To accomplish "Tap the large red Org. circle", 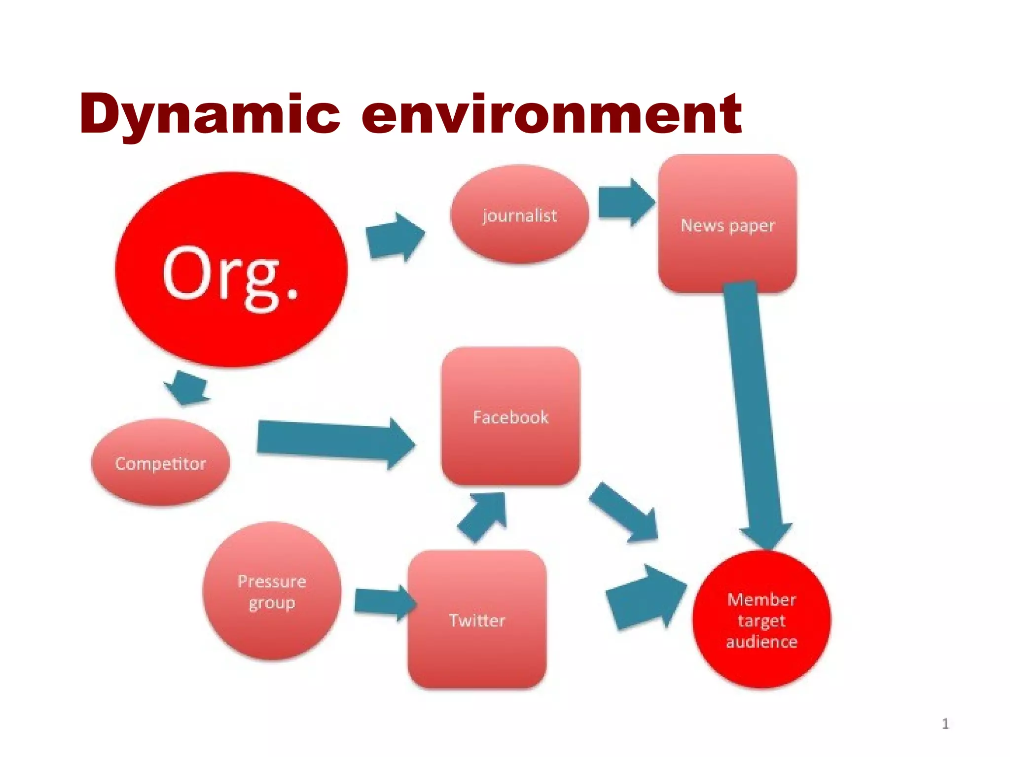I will (x=231, y=270).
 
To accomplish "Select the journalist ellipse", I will (x=520, y=215).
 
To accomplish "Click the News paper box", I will (x=727, y=224).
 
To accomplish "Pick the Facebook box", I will (x=510, y=417).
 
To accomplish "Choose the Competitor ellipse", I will (x=161, y=463).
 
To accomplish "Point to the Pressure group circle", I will (x=272, y=591).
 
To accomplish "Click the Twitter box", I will (x=477, y=620).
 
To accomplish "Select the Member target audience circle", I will (x=761, y=620).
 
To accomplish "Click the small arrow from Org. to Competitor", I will (x=187, y=387).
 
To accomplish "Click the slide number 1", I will (x=945, y=724).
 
